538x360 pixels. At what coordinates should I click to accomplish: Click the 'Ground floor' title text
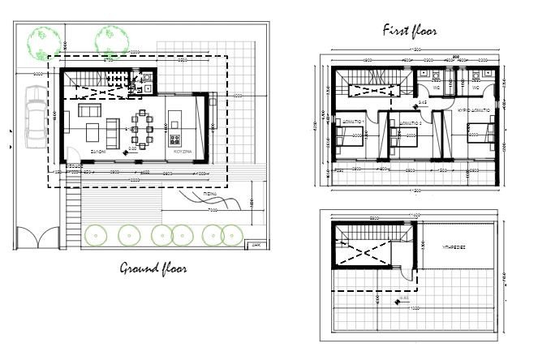coord(154,268)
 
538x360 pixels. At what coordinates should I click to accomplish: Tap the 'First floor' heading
coord(410,31)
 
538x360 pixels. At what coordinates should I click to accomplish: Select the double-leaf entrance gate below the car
coord(37,238)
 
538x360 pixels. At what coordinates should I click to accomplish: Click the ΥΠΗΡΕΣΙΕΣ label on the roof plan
coord(453,244)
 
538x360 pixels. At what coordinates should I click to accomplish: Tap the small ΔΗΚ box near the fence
coord(255,242)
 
